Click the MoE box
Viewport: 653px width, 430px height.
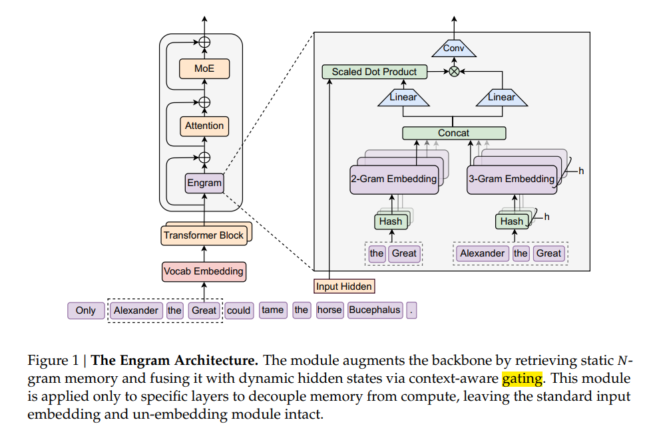tap(204, 68)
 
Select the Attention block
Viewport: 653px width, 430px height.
tap(204, 126)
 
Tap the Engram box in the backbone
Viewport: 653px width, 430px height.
tap(204, 183)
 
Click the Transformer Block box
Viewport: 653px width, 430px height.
tap(204, 235)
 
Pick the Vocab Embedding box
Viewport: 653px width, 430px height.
tap(204, 271)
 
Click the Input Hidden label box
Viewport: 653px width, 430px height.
tap(344, 286)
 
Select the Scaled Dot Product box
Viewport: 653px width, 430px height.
tap(374, 72)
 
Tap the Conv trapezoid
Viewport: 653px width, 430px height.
tap(454, 49)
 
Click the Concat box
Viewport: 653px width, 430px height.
tap(453, 133)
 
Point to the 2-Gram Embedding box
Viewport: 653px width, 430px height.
tap(394, 179)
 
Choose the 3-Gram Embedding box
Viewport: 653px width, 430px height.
tap(511, 179)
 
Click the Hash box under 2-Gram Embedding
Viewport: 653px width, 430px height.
tap(390, 221)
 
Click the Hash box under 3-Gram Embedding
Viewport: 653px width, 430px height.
tap(512, 221)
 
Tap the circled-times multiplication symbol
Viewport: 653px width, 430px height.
tap(454, 72)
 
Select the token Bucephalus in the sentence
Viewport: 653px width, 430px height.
tap(375, 310)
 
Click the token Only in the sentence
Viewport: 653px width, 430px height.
tap(86, 310)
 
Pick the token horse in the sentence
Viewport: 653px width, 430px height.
tap(329, 310)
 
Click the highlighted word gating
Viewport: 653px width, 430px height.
tap(523, 379)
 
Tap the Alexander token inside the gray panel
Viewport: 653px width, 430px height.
tap(483, 253)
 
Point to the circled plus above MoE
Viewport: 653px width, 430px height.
tap(204, 42)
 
